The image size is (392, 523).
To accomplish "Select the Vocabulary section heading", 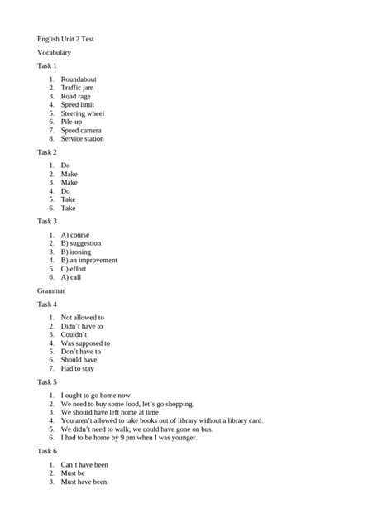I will tap(54, 52).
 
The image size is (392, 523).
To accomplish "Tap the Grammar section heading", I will tap(51, 291).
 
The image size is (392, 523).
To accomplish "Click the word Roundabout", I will tap(79, 79).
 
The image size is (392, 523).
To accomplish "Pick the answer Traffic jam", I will tap(79, 88).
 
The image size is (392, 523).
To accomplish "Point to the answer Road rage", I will tap(76, 96).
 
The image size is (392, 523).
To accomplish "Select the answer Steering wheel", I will tap(83, 113).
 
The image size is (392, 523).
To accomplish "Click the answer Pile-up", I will tap(72, 122).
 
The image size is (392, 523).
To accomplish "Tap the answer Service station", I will tap(83, 139).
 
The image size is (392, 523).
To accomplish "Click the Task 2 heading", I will tap(47, 152).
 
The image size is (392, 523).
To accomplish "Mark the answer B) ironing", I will tap(77, 252).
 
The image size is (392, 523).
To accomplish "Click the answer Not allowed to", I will tap(83, 318).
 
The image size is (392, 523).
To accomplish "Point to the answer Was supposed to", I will tap(85, 343).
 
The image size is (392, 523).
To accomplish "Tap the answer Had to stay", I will tap(78, 368).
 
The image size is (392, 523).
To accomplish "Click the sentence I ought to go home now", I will tap(96, 396).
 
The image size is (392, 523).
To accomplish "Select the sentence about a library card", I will tap(162, 421).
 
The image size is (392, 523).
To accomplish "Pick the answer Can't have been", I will tap(84, 465).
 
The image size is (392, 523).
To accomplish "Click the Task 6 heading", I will tap(47, 451).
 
